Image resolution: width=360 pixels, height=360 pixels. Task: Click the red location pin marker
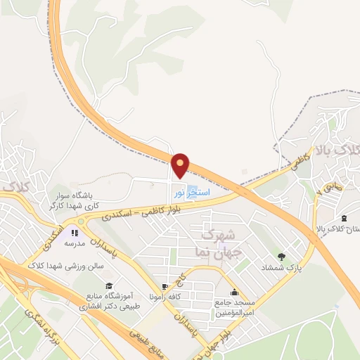(x=181, y=166)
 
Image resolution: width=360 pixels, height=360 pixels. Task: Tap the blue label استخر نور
(x=188, y=191)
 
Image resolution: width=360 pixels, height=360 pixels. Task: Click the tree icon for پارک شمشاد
(x=283, y=257)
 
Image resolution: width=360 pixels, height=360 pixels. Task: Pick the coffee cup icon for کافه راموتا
(x=165, y=287)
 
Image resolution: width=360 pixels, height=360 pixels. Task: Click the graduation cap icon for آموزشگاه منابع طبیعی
(x=108, y=285)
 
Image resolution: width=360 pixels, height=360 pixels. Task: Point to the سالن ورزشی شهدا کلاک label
(x=65, y=266)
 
